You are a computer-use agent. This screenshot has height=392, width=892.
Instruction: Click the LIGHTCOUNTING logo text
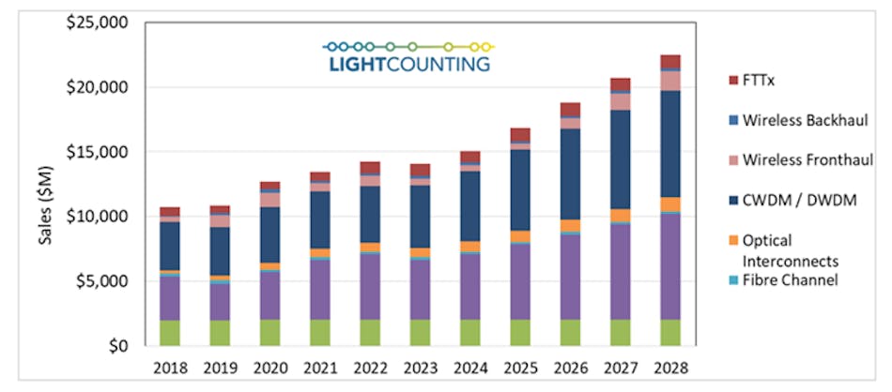pos(408,64)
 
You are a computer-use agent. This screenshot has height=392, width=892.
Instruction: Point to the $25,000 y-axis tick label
pos(91,23)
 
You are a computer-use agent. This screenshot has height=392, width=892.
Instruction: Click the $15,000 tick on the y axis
pos(91,152)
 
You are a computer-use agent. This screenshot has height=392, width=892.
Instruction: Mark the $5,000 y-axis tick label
pos(96,281)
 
